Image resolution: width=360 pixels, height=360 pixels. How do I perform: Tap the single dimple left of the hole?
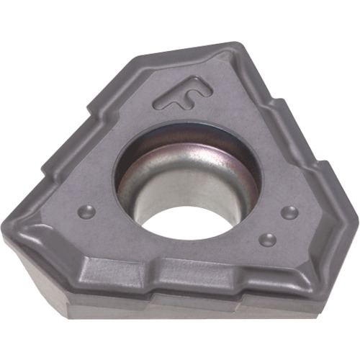pyautogui.click(x=87, y=212)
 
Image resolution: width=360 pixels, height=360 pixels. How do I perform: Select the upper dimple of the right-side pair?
pyautogui.click(x=289, y=212)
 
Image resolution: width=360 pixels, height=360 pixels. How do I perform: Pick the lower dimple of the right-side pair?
pyautogui.click(x=268, y=239)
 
